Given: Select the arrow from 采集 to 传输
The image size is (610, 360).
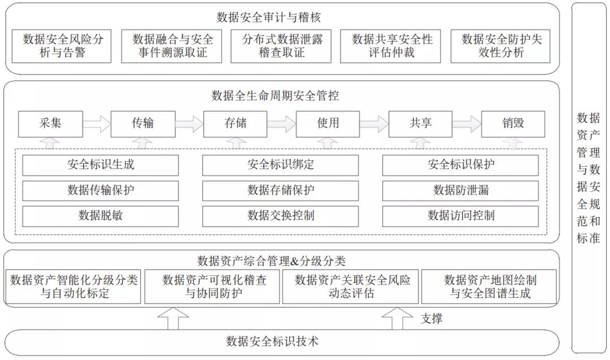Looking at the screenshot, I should [x=97, y=123].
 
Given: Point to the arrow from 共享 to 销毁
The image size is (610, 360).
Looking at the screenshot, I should [x=467, y=123].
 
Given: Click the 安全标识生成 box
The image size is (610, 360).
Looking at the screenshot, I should [x=101, y=165].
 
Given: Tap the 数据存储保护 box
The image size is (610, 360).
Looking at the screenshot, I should [x=281, y=190].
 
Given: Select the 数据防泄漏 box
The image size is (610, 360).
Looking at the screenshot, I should [x=460, y=190].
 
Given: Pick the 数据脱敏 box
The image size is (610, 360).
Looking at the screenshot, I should [x=101, y=216].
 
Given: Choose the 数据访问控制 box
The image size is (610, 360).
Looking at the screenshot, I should [x=460, y=216].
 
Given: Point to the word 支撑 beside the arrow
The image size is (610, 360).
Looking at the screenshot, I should [x=431, y=319].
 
